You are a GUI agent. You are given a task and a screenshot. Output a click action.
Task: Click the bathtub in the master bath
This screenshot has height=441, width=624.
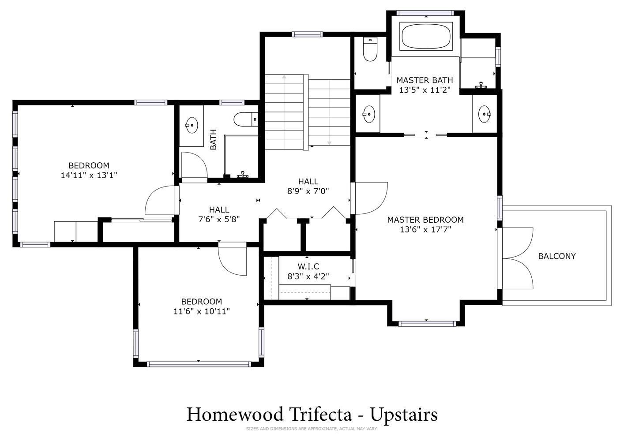(426, 37)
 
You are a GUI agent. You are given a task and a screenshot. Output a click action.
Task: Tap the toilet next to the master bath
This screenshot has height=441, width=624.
(370, 49)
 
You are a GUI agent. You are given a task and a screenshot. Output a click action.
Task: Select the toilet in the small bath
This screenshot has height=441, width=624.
(246, 120)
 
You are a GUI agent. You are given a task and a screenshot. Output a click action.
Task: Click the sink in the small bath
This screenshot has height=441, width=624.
(192, 125)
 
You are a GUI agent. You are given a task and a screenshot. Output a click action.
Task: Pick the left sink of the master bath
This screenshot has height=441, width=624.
(368, 114)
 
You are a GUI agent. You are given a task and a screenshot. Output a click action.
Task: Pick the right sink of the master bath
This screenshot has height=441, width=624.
(485, 114)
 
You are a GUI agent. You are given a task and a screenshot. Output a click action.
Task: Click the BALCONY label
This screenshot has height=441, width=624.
(557, 256)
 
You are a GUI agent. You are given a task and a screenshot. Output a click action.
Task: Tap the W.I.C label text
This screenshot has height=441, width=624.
(308, 266)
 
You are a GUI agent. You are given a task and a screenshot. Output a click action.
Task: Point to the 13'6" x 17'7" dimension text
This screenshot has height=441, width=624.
(425, 230)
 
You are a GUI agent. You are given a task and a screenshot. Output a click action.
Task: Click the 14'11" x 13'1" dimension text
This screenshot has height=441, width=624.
(89, 176)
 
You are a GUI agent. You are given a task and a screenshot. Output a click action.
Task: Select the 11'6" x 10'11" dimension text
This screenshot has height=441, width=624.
(202, 311)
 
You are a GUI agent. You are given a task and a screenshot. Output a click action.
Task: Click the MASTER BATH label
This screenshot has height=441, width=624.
(425, 80)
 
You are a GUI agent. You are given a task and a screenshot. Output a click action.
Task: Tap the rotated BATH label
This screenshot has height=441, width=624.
(214, 139)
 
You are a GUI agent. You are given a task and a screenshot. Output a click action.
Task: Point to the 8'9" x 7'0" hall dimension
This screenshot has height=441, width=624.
(308, 191)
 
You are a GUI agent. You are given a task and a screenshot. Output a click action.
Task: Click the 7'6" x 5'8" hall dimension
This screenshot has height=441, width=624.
(219, 219)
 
